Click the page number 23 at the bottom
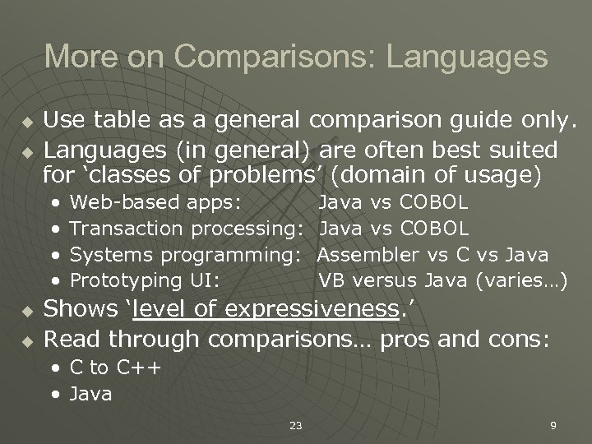click(295, 425)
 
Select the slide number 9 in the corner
click(553, 425)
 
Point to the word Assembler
click(370, 254)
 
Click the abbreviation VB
click(333, 280)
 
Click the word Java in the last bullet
click(90, 395)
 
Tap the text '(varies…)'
click(522, 280)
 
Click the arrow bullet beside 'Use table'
click(26, 125)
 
